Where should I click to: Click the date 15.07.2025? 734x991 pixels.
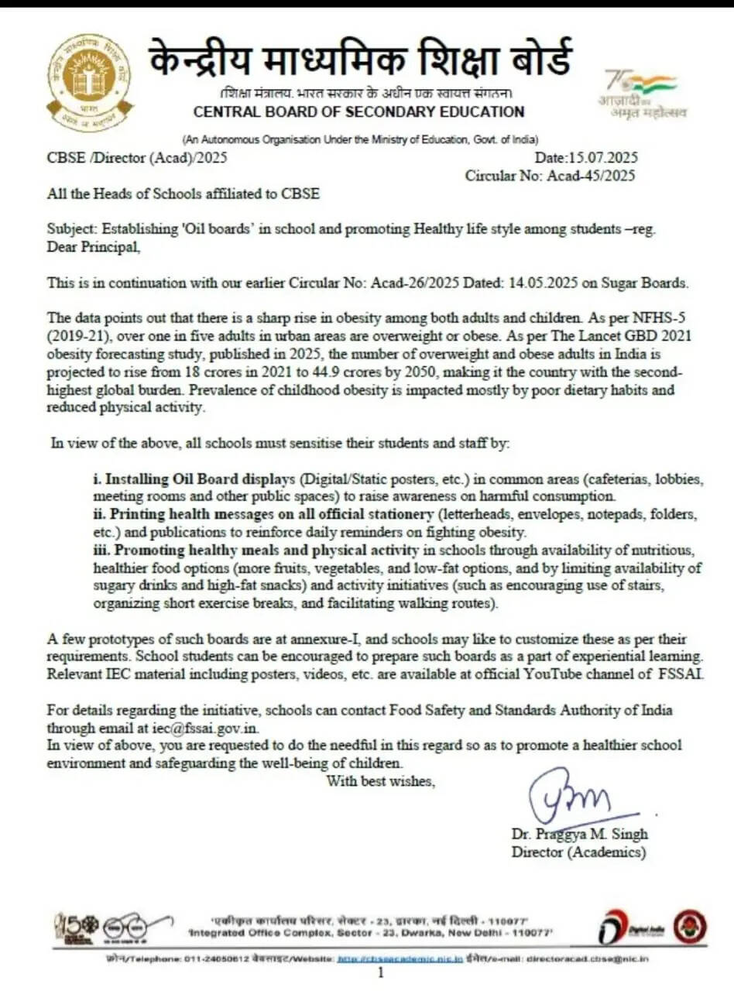[x=604, y=158]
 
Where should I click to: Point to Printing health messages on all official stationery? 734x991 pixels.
[x=273, y=514]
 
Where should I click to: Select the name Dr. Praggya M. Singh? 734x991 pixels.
[x=579, y=835]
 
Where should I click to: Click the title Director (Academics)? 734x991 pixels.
[x=578, y=852]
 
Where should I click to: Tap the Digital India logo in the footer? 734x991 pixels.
[x=626, y=928]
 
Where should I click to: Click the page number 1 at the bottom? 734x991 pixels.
[x=380, y=973]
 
